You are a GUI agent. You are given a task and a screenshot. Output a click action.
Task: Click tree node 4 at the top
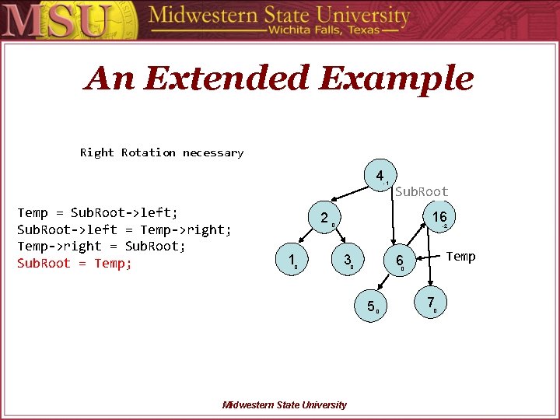[380, 177]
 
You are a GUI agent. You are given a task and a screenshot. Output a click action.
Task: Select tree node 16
[439, 217]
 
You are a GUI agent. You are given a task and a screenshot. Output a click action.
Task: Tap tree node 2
[324, 218]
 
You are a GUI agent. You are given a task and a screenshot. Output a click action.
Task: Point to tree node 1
[291, 260]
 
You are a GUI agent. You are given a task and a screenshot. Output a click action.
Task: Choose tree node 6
[399, 261]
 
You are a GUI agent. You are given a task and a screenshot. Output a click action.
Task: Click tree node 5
[371, 306]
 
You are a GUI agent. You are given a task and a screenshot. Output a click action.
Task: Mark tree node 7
[430, 303]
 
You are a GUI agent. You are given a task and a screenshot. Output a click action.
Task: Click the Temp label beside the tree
[460, 257]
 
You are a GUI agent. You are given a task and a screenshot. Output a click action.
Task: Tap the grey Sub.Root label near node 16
[422, 191]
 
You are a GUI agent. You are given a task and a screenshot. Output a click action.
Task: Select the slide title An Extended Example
[279, 79]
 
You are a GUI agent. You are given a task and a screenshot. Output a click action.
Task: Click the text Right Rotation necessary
[162, 152]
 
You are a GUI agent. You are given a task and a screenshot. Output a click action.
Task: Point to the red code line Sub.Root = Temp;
[75, 263]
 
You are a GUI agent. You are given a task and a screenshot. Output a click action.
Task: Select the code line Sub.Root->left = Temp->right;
[124, 229]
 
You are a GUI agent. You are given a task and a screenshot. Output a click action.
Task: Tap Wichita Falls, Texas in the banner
[324, 30]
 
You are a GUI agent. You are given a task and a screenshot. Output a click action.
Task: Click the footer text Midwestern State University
[285, 404]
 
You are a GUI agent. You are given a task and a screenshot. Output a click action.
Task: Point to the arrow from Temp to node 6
[429, 257]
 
